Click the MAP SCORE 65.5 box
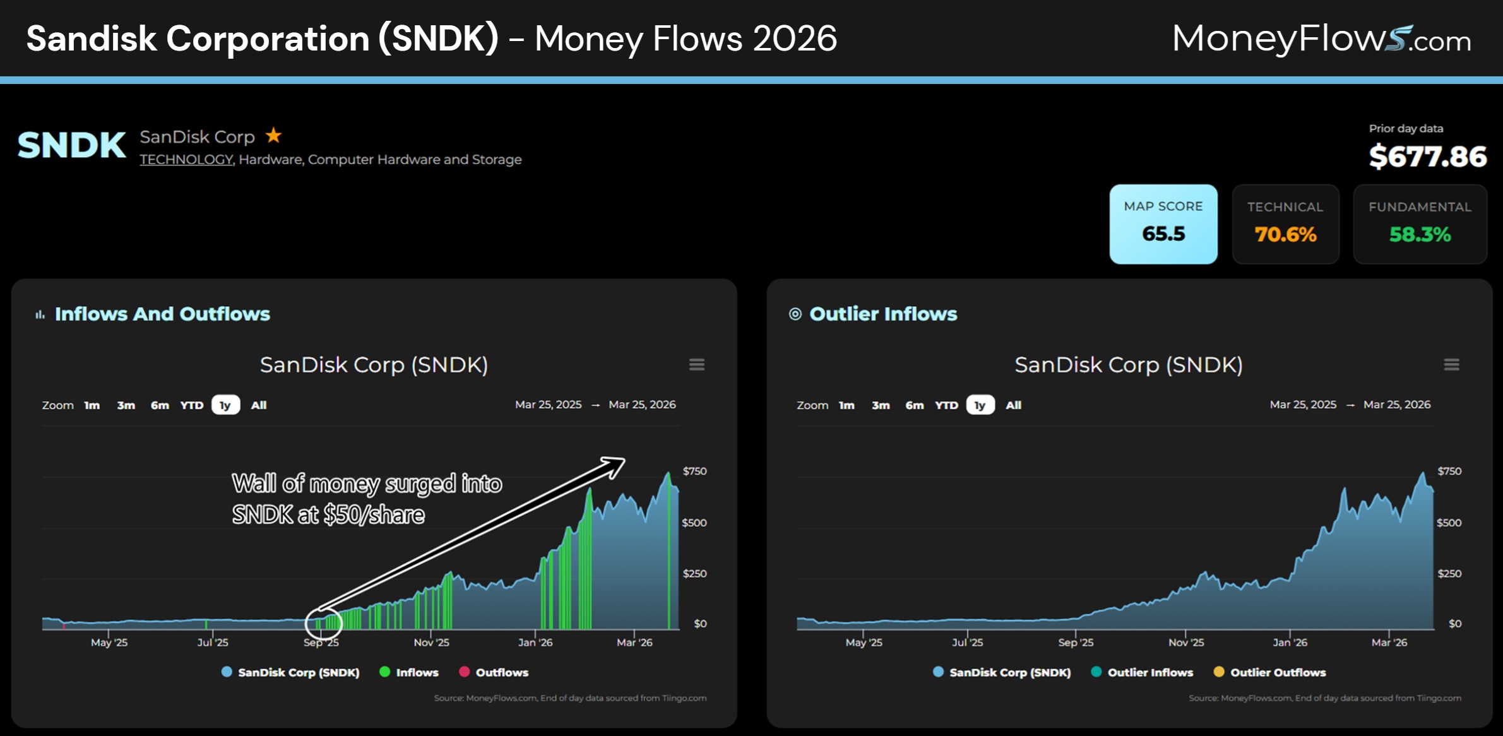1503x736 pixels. coord(1163,224)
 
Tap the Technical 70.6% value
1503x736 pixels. coord(1285,235)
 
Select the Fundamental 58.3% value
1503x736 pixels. coord(1420,235)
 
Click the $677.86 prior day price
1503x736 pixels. coord(1427,157)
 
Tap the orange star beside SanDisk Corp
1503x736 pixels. coord(273,135)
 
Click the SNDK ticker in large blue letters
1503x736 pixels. coord(71,145)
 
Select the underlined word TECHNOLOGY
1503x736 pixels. coord(186,160)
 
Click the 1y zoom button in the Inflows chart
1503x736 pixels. coord(225,405)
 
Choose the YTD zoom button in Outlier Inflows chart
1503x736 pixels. coord(946,405)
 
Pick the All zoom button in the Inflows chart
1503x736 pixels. coord(259,405)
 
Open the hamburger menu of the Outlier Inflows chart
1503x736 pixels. coord(1451,365)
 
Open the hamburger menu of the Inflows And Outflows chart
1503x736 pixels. coord(696,365)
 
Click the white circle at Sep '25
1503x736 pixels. coord(323,624)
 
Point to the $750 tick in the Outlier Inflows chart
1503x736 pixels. coord(1449,472)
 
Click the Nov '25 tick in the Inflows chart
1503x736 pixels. coord(431,643)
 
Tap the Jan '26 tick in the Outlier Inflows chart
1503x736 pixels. coord(1290,643)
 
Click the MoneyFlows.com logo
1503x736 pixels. coord(1321,39)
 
